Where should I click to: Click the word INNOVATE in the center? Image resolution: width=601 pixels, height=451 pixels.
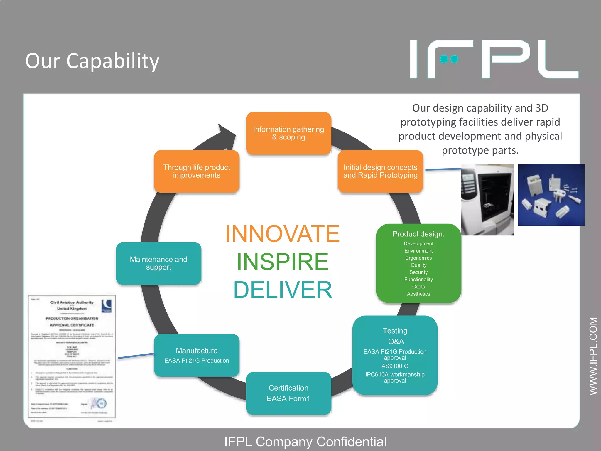[282, 234]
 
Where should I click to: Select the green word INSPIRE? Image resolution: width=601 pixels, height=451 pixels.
[282, 262]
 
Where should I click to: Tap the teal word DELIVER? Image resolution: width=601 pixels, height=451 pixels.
[283, 290]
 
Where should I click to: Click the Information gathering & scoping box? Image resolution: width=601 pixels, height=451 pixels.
[288, 133]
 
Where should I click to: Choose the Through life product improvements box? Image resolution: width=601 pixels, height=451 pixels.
[197, 171]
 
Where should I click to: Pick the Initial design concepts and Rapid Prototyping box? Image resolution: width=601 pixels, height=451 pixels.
[380, 171]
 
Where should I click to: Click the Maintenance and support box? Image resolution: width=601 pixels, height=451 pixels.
[158, 263]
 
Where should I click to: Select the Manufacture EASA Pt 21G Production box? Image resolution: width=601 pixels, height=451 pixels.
[197, 355]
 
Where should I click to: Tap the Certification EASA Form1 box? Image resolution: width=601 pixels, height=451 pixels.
[288, 393]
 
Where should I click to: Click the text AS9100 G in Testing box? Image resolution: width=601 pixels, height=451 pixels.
[395, 366]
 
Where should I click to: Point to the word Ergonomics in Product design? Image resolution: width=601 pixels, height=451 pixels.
[418, 258]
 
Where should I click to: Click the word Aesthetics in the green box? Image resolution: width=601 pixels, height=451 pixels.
[418, 294]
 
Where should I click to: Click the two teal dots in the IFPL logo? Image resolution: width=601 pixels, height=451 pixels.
[449, 59]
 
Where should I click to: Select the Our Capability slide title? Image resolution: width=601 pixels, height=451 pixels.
[92, 61]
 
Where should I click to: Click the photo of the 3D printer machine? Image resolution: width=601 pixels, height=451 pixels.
[487, 200]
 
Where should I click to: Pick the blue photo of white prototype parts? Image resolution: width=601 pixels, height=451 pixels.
[551, 195]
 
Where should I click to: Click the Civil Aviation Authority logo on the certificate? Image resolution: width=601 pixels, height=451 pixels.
[106, 306]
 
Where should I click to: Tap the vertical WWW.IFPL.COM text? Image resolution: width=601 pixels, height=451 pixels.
[593, 356]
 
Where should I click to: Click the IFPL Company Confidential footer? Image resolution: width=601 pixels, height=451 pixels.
[305, 442]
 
